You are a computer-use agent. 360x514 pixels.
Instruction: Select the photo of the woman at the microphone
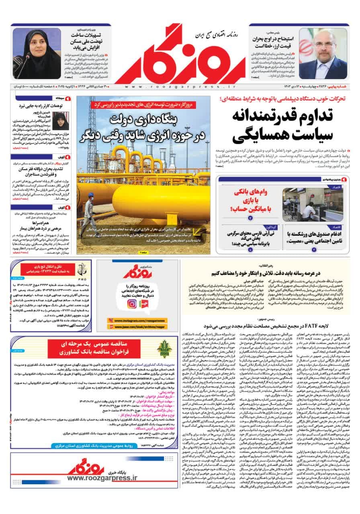pyautogui.click(x=37, y=53)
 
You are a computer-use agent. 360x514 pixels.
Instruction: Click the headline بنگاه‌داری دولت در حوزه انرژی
pyautogui.click(x=143, y=128)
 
